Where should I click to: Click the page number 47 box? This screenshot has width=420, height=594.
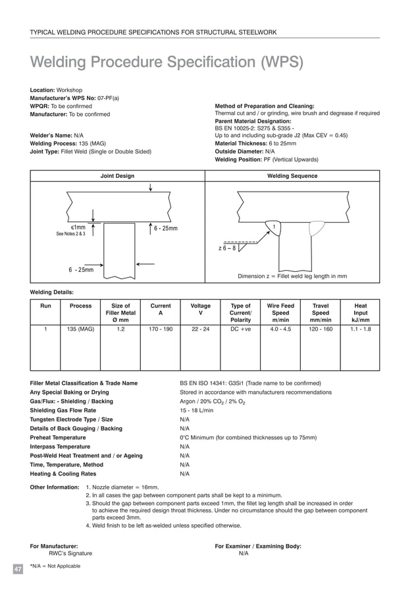[x=18, y=568]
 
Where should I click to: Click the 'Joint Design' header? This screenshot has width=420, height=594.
[x=117, y=176]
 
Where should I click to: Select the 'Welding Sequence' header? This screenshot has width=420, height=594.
[x=292, y=176]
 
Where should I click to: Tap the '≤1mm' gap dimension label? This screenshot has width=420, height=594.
[x=78, y=227]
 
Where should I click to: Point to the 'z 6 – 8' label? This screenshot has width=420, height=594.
[x=227, y=248]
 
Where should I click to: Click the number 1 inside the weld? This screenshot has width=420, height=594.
[x=274, y=227]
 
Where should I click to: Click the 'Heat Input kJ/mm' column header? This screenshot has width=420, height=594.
[x=360, y=313]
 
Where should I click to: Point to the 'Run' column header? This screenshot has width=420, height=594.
[x=45, y=306]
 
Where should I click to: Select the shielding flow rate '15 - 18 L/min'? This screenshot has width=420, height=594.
[x=196, y=410]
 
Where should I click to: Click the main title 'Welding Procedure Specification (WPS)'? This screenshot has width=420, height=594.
[x=167, y=63]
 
